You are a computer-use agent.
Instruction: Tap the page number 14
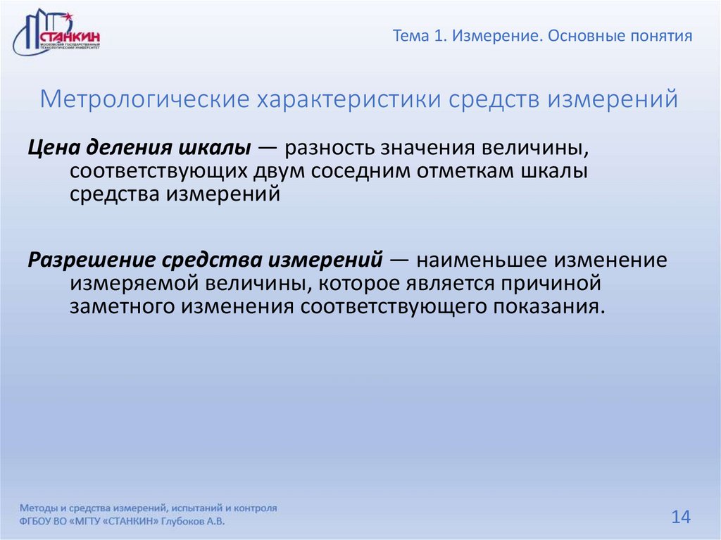[680, 517]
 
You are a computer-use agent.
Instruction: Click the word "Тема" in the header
[410, 36]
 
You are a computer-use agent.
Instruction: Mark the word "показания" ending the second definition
[548, 307]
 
